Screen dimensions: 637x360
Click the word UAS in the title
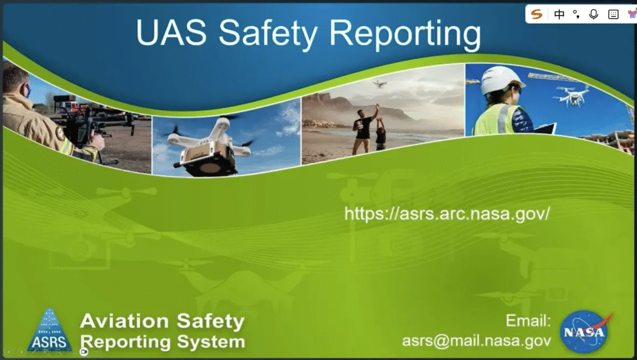coord(171,32)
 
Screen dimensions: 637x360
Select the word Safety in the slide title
coord(267,34)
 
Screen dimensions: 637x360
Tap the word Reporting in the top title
coord(405,34)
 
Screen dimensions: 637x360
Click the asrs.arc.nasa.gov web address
coord(447,213)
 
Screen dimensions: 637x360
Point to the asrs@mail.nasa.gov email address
coord(477,341)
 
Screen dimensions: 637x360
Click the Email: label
coord(528,321)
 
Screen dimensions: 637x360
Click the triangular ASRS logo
coord(50,330)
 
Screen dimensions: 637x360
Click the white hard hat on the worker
coord(501,79)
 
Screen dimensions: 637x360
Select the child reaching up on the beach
coord(381,134)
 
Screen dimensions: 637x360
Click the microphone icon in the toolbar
coord(593,14)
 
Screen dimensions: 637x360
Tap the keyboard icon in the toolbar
coord(613,14)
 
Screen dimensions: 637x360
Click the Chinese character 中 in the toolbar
coord(559,14)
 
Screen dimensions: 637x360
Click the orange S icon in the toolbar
coord(537,14)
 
